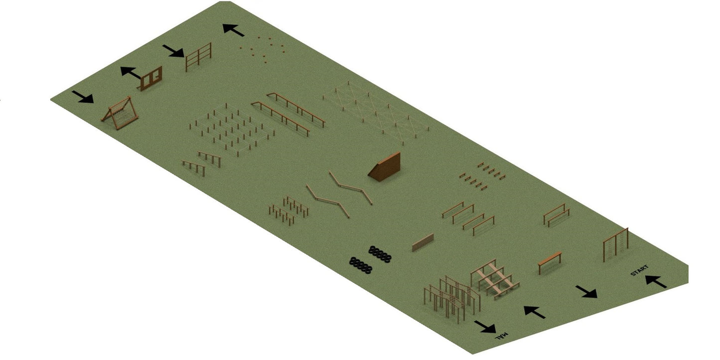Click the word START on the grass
coord(639,270)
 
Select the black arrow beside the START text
coord(656,281)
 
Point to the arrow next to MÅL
coord(485,327)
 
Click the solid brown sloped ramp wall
coord(385,167)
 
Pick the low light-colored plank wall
coord(423,242)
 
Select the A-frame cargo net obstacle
coord(120,113)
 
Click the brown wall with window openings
coord(151,79)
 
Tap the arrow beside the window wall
coord(131,73)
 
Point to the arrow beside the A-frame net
coord(83,97)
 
